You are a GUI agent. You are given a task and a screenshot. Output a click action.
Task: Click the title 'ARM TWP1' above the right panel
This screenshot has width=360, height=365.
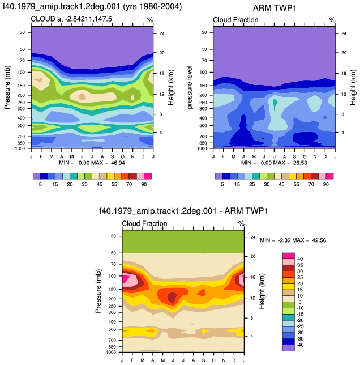pos(275,8)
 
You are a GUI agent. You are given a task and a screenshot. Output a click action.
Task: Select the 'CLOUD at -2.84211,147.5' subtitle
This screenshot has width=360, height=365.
pos(71,19)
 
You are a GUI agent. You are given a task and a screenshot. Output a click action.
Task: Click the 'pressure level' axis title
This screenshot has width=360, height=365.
pos(190,87)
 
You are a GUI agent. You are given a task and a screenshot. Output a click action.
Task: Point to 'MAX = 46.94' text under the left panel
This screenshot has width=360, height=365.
pos(108,163)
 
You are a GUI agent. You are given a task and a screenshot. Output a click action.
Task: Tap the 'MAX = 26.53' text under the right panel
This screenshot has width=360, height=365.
pos(290,163)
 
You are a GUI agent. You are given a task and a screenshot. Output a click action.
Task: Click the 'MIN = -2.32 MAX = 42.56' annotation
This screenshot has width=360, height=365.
pos(293,240)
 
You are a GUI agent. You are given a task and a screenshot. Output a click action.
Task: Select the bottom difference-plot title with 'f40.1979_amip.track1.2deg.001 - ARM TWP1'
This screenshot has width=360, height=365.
pos(183,211)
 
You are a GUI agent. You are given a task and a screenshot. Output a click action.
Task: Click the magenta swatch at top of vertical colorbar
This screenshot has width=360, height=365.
pos(289,256)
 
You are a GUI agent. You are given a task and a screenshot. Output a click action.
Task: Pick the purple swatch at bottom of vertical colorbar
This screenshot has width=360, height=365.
pos(289,348)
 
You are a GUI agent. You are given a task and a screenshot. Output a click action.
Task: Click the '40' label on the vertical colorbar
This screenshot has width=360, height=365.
pos(300,259)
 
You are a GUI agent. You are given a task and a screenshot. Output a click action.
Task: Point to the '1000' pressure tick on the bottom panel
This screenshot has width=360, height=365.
pos(111,352)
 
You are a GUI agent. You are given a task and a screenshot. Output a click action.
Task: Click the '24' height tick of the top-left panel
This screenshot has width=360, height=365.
pos(162,33)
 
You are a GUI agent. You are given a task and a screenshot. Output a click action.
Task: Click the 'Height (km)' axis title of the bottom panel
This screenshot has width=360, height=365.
pos(262,291)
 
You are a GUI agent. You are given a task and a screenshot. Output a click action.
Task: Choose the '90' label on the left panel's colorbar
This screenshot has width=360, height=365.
pos(144,184)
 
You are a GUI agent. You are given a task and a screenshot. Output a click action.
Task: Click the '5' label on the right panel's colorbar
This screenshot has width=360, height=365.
pos(222,184)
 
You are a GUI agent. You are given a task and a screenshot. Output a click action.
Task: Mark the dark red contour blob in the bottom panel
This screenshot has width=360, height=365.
pos(172,297)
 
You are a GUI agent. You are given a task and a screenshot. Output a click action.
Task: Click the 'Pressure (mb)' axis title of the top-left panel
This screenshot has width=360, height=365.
pos(7,87)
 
